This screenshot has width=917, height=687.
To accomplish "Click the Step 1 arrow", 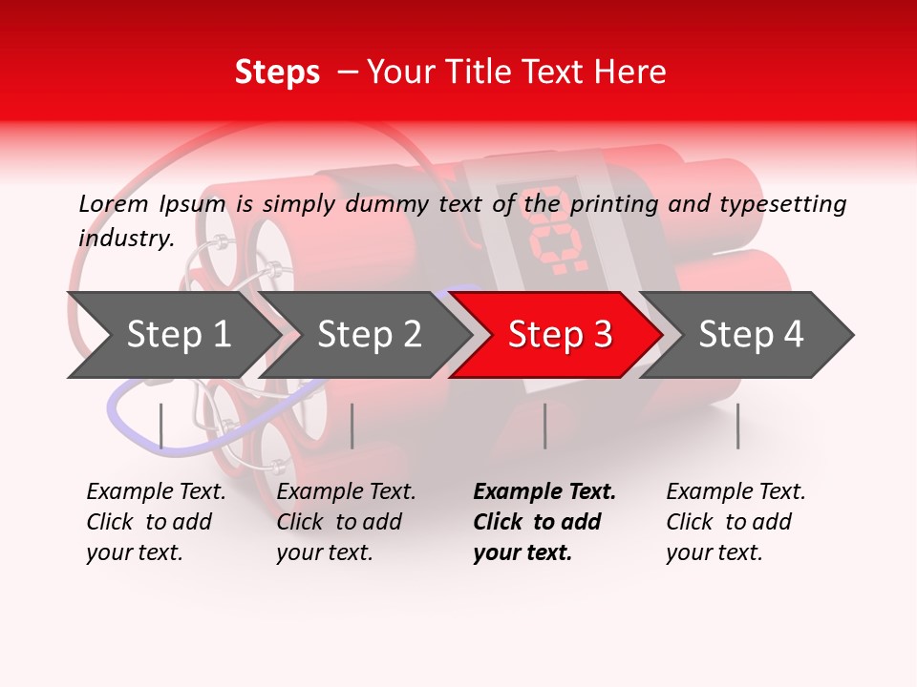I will [x=177, y=335].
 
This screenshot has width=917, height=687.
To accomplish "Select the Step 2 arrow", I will [x=368, y=335].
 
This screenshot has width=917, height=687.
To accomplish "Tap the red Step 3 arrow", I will [x=559, y=335].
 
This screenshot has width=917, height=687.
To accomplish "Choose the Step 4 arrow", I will [x=750, y=335].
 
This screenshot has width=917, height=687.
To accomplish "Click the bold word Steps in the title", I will [x=277, y=73].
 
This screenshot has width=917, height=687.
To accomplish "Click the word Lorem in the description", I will [x=114, y=203].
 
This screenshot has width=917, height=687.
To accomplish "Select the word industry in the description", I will [x=125, y=238].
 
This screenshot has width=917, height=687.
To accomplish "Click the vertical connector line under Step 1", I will [x=161, y=426].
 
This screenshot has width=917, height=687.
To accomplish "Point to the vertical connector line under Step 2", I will [x=352, y=426].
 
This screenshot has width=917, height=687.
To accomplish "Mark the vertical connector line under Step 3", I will [x=544, y=426].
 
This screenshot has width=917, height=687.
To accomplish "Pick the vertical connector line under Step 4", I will [x=737, y=426].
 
